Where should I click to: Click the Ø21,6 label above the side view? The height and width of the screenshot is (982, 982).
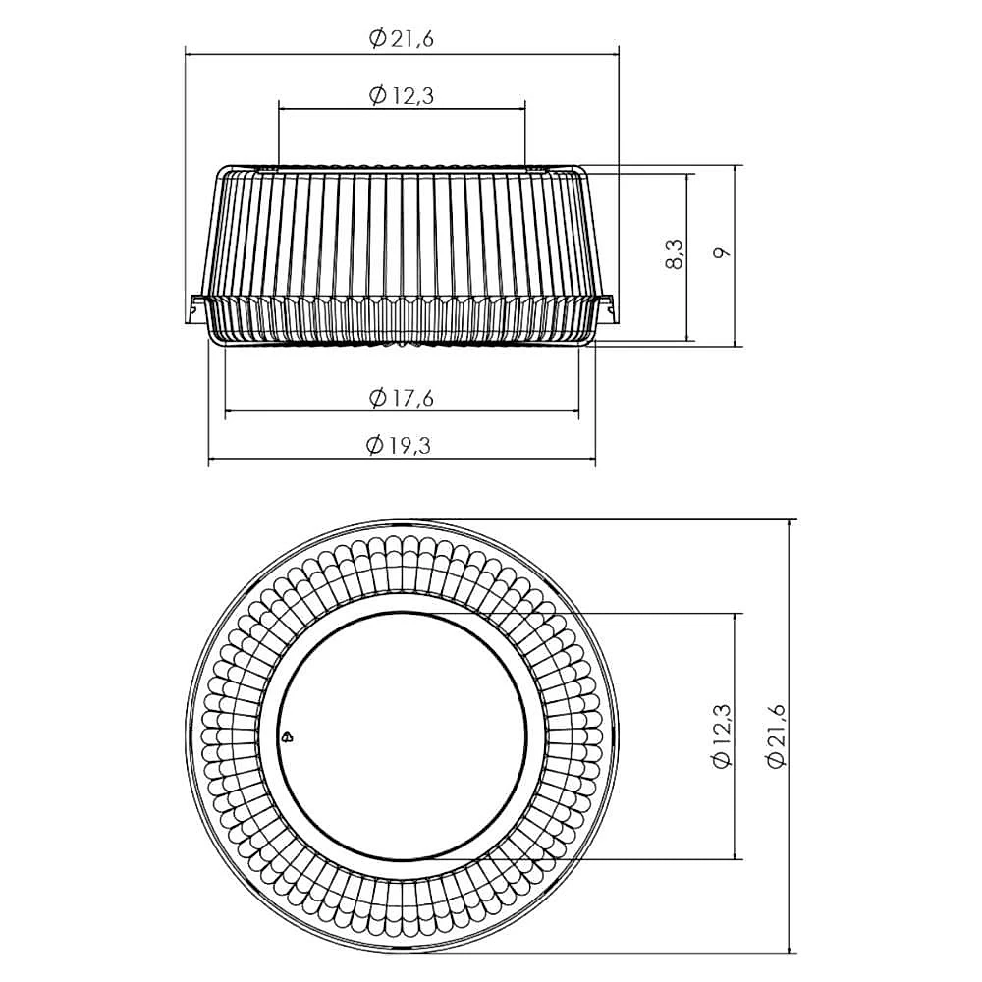point(402,39)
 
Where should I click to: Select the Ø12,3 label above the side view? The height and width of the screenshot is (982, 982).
point(402,95)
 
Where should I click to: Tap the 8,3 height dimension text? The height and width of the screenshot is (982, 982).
point(674,253)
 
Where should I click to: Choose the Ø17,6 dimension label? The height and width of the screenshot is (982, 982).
point(402,397)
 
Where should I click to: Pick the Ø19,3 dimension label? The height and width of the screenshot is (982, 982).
point(399,445)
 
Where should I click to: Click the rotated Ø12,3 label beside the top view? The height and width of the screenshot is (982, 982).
point(722,736)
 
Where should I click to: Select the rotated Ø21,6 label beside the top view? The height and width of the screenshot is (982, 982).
point(775,736)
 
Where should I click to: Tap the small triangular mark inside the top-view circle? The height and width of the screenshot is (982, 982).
point(287,736)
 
